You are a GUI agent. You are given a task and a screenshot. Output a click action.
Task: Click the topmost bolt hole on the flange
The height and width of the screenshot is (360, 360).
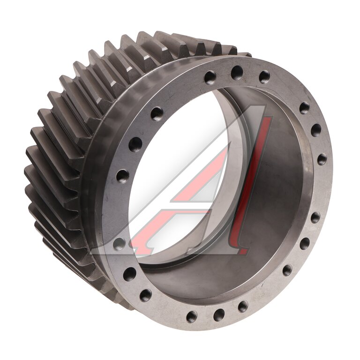237,71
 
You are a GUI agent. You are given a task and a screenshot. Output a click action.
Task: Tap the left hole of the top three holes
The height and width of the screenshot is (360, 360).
210,77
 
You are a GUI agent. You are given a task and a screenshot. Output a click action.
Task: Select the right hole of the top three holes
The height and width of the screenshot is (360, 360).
264,76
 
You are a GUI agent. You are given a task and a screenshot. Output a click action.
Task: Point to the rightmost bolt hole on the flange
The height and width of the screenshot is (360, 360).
322,158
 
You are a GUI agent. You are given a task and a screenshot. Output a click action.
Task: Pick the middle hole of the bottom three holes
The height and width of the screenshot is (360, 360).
218,315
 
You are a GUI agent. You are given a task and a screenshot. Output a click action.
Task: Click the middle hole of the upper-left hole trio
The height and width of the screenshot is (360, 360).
135,143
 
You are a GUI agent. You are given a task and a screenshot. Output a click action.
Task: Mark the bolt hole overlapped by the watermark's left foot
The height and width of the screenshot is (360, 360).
120,244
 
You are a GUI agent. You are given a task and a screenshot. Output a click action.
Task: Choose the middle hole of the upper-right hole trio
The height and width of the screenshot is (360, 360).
316,129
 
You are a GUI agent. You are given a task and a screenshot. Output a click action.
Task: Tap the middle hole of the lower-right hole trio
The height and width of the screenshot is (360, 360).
305,244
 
